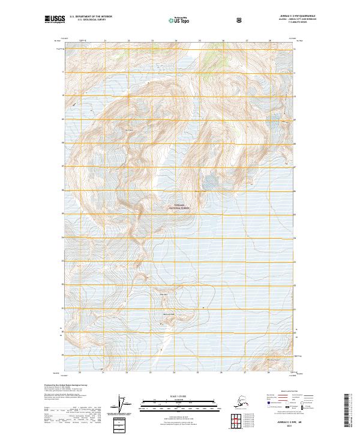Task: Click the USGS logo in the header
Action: [x=55, y=20]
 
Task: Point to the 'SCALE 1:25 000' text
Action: [x=179, y=394]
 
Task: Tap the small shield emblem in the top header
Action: [x=240, y=20]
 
